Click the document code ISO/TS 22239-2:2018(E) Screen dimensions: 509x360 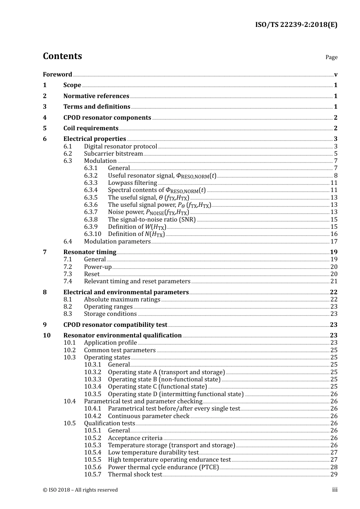[x=296, y=25]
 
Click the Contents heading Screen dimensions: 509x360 [x=62, y=56]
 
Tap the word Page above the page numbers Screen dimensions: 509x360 [x=331, y=57]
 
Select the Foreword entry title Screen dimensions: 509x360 [x=57, y=75]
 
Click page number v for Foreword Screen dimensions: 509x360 [x=336, y=75]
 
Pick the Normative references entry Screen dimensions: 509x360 [x=96, y=96]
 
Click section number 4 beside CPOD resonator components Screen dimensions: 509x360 [x=45, y=118]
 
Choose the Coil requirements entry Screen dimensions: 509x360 [x=91, y=128]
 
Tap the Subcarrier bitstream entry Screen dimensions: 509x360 [x=113, y=154]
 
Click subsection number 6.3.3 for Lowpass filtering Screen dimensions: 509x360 [x=91, y=183]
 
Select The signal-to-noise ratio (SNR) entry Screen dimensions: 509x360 [x=152, y=220]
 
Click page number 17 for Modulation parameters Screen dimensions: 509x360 [x=334, y=242]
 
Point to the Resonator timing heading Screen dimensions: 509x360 [x=90, y=252]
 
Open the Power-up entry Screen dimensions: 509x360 [x=98, y=267]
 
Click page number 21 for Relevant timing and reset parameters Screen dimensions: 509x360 [x=334, y=281]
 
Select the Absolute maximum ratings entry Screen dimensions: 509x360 [x=122, y=300]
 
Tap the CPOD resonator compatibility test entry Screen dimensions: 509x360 [x=115, y=325]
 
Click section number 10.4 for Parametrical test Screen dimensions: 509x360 [x=70, y=401]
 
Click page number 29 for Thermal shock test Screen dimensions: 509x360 [x=334, y=475]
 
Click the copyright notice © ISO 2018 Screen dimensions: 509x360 [x=80, y=490]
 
